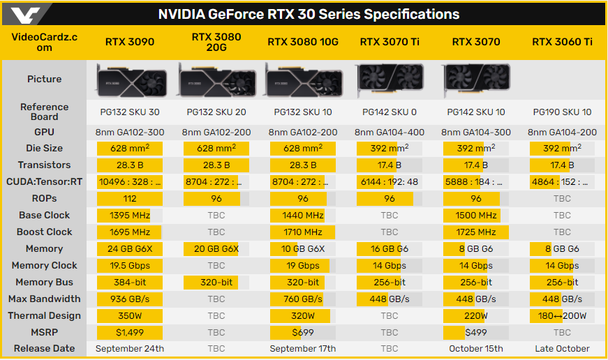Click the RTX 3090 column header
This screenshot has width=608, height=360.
(130, 42)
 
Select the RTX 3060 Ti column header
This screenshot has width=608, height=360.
(562, 42)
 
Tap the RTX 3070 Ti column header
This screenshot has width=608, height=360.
(390, 42)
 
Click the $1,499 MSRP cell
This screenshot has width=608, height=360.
(130, 332)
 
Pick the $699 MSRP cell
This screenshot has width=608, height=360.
(303, 332)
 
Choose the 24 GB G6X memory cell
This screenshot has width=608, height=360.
(130, 248)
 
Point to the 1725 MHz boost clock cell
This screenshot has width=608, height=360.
(476, 232)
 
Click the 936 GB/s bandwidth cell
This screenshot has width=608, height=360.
(130, 299)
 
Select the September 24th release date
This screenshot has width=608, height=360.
(130, 349)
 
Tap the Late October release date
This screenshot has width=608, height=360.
(562, 349)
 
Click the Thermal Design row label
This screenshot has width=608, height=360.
(45, 315)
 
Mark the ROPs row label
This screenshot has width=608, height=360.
(45, 198)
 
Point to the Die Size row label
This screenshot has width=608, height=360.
(45, 148)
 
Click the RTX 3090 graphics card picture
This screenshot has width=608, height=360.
(130, 79)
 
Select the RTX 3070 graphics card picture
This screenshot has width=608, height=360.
(476, 79)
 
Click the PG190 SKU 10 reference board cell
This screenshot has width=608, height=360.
(562, 112)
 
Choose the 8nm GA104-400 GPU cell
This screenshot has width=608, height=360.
(390, 132)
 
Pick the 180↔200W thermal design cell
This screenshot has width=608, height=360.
(562, 315)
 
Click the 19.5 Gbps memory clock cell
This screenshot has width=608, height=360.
(130, 265)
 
